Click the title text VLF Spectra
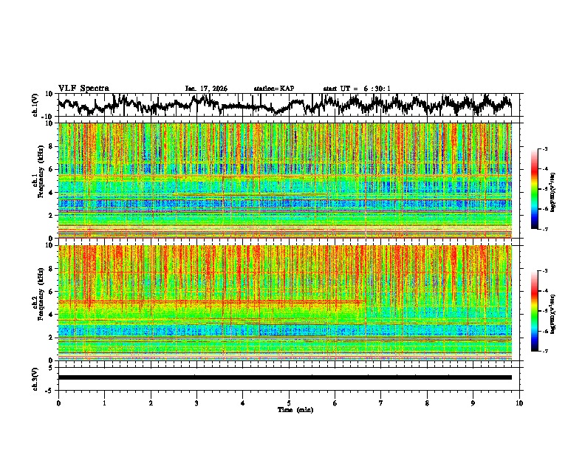83,88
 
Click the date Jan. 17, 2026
206,89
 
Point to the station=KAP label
273,89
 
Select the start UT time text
356,89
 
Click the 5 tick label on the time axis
289,403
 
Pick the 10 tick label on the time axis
519,403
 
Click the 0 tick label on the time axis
58,403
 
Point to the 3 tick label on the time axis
196,403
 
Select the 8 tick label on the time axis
427,403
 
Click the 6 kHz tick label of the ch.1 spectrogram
51,169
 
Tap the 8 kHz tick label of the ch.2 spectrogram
51,268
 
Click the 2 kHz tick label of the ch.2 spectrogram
51,338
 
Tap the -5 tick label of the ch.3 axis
49,388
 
